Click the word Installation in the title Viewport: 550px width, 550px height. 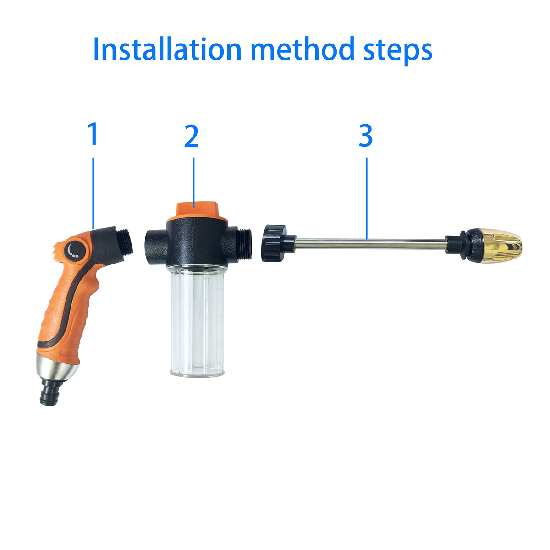pyautogui.click(x=168, y=49)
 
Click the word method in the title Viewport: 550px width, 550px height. pyautogui.click(x=302, y=49)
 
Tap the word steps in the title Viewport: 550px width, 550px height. pyautogui.click(x=398, y=51)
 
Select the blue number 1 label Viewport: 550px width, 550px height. pyautogui.click(x=93, y=133)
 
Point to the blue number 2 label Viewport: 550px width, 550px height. pyautogui.click(x=191, y=136)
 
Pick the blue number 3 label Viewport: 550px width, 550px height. pyautogui.click(x=366, y=136)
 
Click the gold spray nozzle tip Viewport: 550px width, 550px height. pyautogui.click(x=501, y=246)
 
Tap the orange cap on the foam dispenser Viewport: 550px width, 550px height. pyautogui.click(x=197, y=211)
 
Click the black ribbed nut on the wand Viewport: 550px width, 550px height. pyautogui.click(x=274, y=243)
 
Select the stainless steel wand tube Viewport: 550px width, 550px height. pyautogui.click(x=370, y=244)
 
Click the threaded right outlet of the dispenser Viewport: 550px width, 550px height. pyautogui.click(x=244, y=244)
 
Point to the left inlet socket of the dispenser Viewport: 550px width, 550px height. pyautogui.click(x=156, y=243)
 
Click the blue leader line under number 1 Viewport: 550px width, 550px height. pyautogui.click(x=93, y=193)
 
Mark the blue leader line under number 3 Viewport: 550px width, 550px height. pyautogui.click(x=367, y=198)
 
